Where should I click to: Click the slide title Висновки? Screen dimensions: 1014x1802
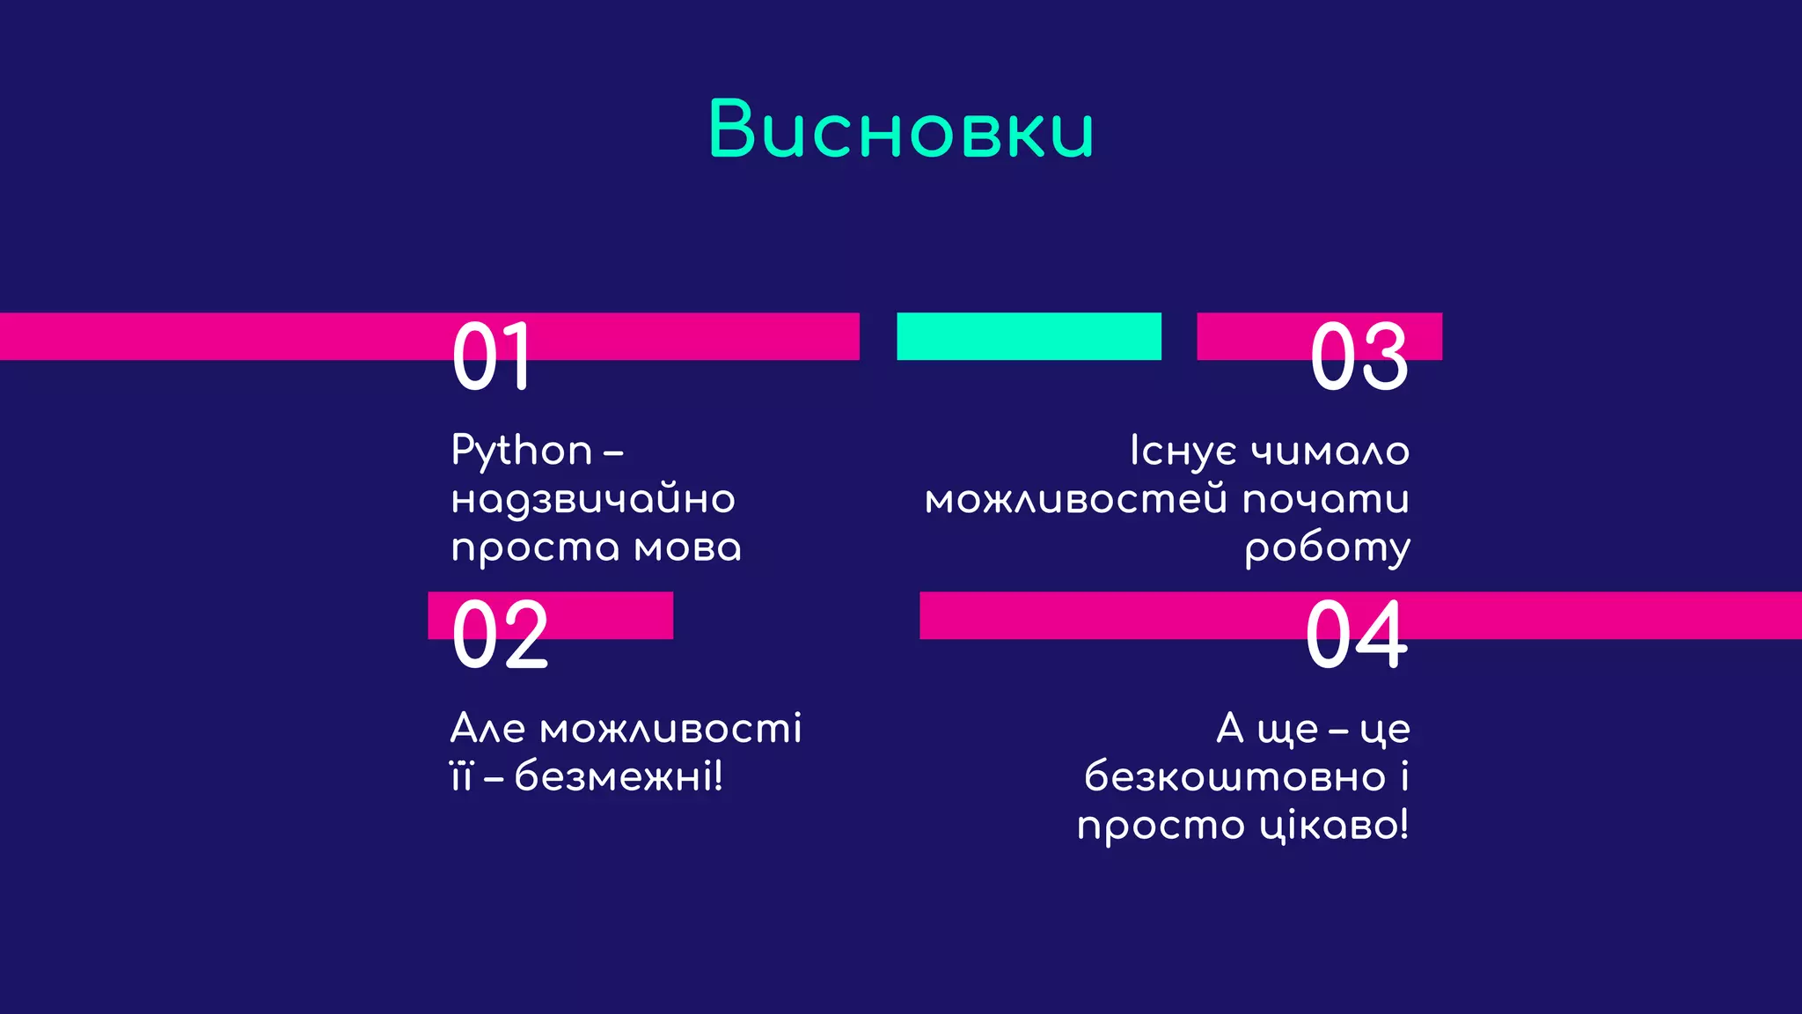click(x=901, y=130)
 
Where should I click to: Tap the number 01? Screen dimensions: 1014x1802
click(x=492, y=356)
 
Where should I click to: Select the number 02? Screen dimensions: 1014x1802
click(x=500, y=635)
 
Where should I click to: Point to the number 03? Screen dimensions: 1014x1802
click(x=1359, y=356)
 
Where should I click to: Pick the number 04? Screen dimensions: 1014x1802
click(x=1357, y=635)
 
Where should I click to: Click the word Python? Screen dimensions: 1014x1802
click(x=522, y=452)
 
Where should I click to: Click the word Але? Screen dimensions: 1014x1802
click(x=488, y=729)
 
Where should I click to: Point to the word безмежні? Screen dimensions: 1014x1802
click(x=619, y=777)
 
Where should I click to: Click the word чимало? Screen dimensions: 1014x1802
click(x=1330, y=452)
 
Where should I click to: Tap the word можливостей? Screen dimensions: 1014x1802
click(x=1076, y=500)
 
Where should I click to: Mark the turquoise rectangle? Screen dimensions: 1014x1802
click(x=1029, y=336)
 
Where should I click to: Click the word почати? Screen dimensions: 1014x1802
click(x=1326, y=500)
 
